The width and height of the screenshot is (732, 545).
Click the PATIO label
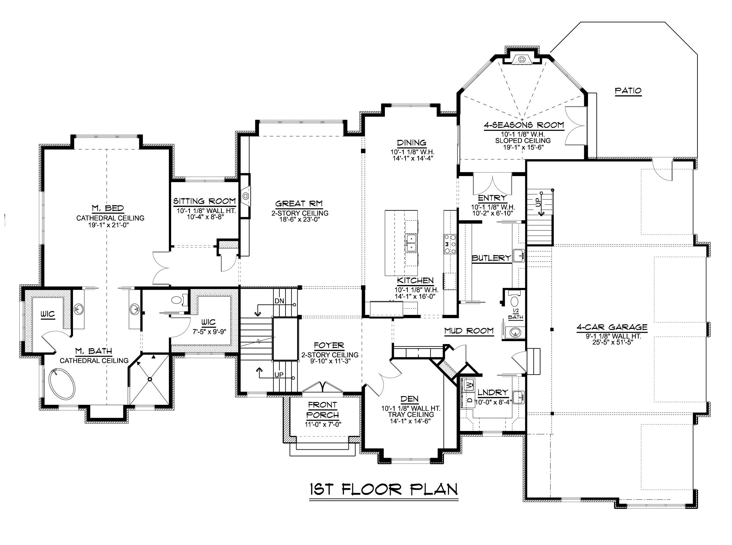point(628,90)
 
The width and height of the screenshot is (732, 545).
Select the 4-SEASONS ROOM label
point(524,125)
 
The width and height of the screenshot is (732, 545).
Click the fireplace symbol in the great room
point(245,196)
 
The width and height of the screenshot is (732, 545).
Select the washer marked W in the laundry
point(469,384)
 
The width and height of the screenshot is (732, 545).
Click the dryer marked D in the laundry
point(469,400)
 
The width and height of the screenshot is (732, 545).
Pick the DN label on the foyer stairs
point(279,301)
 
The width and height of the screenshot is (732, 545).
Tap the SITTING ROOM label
point(204,201)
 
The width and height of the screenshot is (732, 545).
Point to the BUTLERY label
point(491,258)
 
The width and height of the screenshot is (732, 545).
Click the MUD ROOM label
point(469,330)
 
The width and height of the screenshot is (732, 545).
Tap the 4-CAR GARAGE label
point(612,327)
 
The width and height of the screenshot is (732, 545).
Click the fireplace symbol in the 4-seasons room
point(521,59)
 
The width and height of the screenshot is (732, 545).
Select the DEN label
point(409,399)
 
